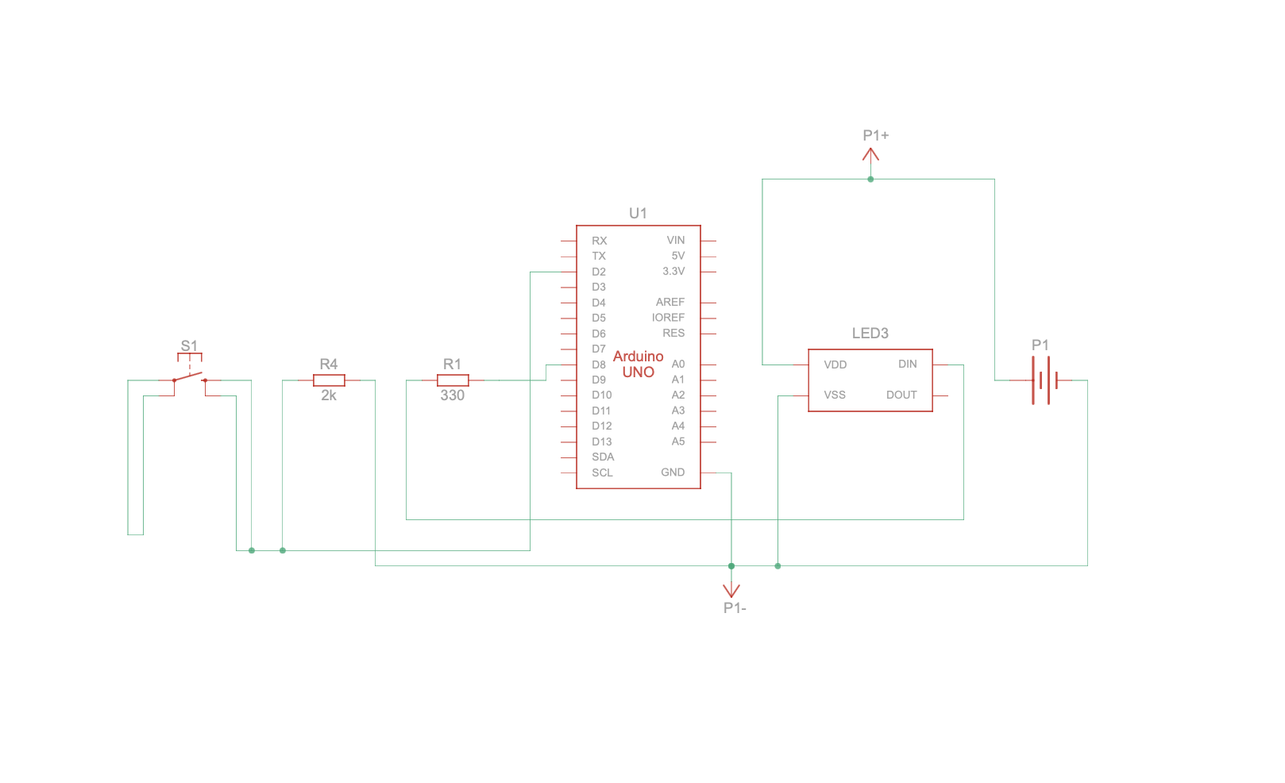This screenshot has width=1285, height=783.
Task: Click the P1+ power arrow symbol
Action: click(x=870, y=156)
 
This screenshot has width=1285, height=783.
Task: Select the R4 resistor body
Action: click(x=329, y=380)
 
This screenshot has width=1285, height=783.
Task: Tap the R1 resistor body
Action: click(x=453, y=380)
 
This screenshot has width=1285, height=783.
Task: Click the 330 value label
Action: click(x=452, y=395)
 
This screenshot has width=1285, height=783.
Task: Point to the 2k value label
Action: click(x=329, y=395)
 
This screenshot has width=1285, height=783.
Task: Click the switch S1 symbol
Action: click(x=189, y=376)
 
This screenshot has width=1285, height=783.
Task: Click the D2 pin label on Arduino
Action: click(x=599, y=272)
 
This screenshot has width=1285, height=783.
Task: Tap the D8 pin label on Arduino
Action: click(x=599, y=364)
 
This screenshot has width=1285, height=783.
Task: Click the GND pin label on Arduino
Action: click(x=673, y=472)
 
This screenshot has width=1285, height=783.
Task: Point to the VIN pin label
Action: click(x=676, y=241)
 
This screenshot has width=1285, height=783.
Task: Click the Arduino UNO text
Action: click(x=638, y=364)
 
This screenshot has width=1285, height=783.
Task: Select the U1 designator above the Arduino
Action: click(x=638, y=213)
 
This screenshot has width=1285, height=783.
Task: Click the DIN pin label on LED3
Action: click(x=908, y=364)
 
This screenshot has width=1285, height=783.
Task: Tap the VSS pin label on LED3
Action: click(x=835, y=395)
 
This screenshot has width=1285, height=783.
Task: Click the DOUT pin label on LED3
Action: click(x=901, y=395)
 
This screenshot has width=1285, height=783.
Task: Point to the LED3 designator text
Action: click(x=870, y=334)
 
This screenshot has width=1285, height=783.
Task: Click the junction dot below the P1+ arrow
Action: click(x=870, y=179)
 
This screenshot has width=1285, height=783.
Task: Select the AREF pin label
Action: click(x=670, y=303)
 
